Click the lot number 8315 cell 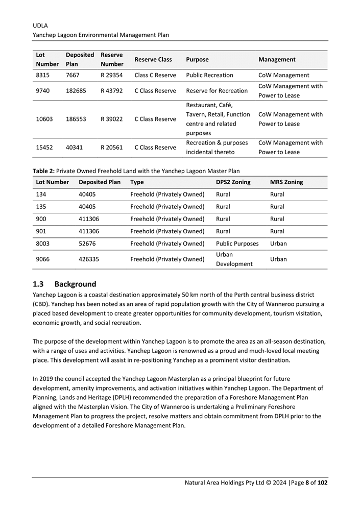pyautogui.click(x=43, y=75)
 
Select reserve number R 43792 pyautogui.click(x=112, y=91)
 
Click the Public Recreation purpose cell pyautogui.click(x=210, y=75)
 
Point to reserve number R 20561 pyautogui.click(x=112, y=148)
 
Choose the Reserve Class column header pyautogui.click(x=153, y=59)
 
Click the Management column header pyautogui.click(x=277, y=59)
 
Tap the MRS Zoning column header pyautogui.click(x=286, y=182)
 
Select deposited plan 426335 pyautogui.click(x=90, y=259)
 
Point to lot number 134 pyautogui.click(x=41, y=195)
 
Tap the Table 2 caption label pyautogui.click(x=43, y=171)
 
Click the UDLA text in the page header pyautogui.click(x=40, y=25)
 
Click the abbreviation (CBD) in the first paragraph pyautogui.click(x=42, y=304)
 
